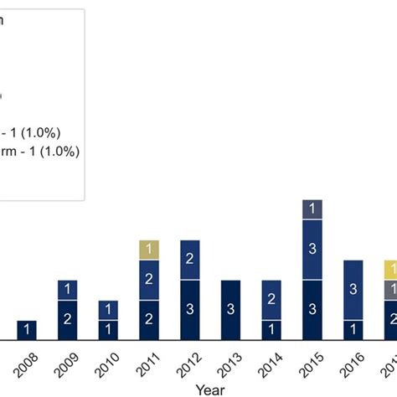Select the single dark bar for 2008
[x=27, y=330]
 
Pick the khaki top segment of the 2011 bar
[x=149, y=250]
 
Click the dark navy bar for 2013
[x=231, y=310]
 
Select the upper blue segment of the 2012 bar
[x=190, y=260]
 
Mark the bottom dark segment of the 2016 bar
[x=353, y=330]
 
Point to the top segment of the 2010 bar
[x=109, y=310]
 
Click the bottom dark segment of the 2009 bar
[x=68, y=320]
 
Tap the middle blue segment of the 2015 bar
[x=312, y=249]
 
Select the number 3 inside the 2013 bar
[x=231, y=310]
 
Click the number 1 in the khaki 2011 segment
[x=149, y=250]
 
